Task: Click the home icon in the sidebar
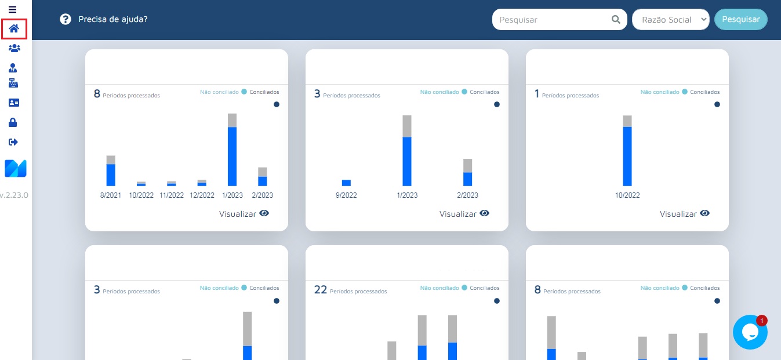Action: coord(14,28)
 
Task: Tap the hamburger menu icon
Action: coord(12,10)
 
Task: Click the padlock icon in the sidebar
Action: coord(13,122)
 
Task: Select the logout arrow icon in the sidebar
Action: coord(13,142)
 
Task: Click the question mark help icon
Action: coord(66,19)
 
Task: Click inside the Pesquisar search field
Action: coord(551,20)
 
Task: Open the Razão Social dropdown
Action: coord(671,20)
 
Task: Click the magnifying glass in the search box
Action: coord(616,19)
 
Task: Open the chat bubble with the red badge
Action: coord(750,332)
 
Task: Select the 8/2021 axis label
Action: coord(111,195)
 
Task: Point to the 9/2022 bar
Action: coord(346,183)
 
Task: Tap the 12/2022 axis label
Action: coord(202,195)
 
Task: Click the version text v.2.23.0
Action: coord(14,195)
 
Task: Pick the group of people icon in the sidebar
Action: coord(14,48)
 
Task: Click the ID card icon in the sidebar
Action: coord(13,103)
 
